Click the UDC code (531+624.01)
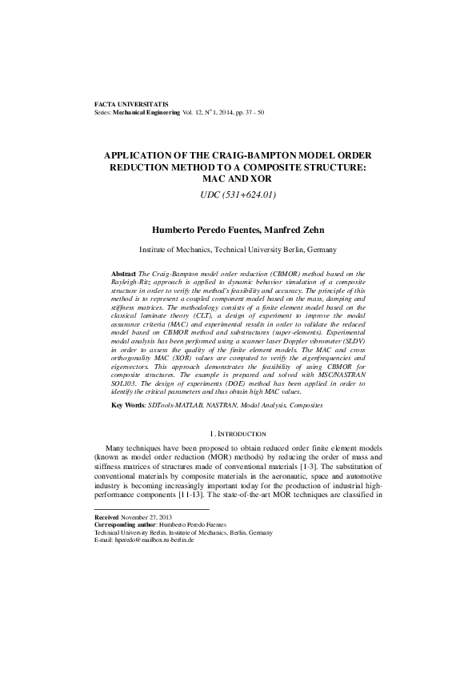[238, 195]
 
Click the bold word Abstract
[123, 274]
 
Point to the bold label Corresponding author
[126, 525]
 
